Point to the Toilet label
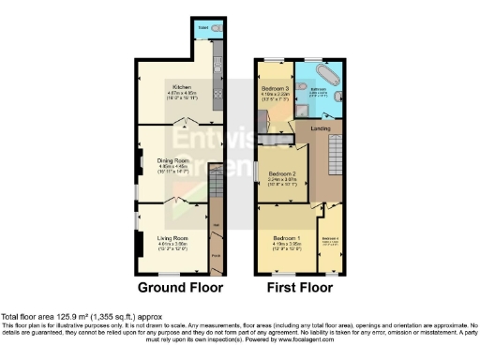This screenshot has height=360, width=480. tap(203, 29)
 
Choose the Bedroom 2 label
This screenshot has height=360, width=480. tap(282, 173)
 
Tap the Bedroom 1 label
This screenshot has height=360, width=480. tap(286, 238)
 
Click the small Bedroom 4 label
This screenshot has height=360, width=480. tap(330, 238)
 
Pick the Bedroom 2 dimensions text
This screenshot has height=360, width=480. tap(282, 183)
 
